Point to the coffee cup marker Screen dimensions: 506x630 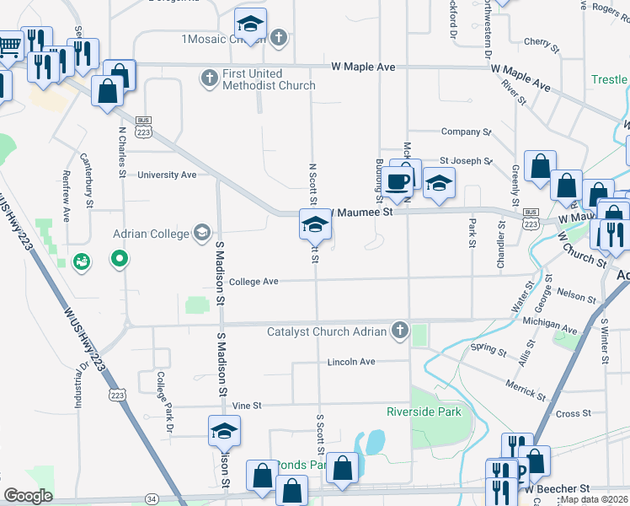click(399, 180)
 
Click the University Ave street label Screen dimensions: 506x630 click(167, 175)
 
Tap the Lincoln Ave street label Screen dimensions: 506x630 click(351, 362)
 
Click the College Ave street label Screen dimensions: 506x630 click(254, 282)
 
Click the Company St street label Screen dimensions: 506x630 click(466, 132)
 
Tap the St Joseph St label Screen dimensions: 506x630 click(465, 160)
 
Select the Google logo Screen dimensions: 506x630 click(28, 496)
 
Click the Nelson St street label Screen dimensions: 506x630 click(576, 296)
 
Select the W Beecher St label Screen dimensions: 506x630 click(558, 489)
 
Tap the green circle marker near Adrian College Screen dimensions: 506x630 click(120, 259)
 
